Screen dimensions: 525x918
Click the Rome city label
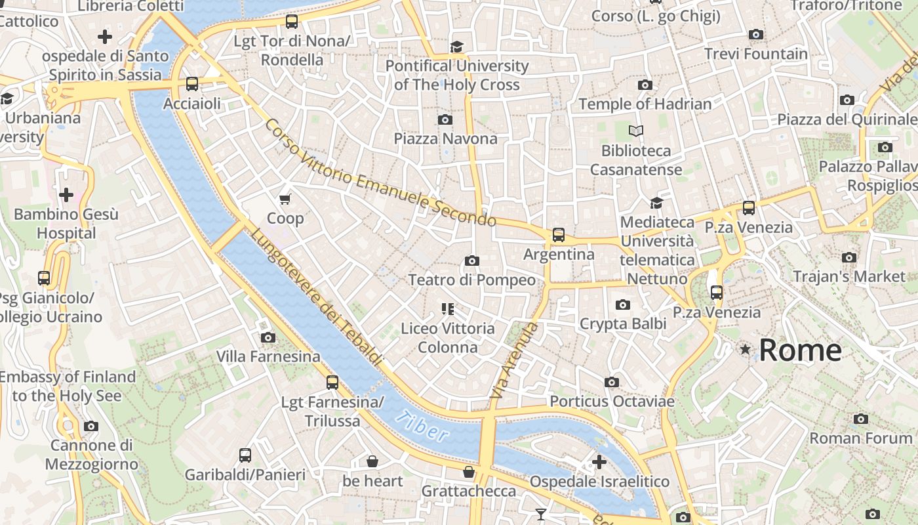pos(800,350)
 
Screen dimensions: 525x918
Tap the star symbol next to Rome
pos(745,350)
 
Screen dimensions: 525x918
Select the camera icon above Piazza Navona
pos(445,119)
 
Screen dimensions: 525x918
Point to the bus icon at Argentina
pos(559,234)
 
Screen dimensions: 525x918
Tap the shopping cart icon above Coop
pos(285,199)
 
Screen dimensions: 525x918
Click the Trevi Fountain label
pos(756,54)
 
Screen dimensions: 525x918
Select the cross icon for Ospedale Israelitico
pos(599,462)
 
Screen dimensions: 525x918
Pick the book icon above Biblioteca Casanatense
pos(635,131)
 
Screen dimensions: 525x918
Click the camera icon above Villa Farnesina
pos(268,337)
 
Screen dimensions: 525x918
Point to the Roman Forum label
pos(861,438)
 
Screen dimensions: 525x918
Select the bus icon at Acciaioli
pos(192,83)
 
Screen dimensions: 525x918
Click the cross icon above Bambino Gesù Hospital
pos(66,195)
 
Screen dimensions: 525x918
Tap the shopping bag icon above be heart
pos(372,461)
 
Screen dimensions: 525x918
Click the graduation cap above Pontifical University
pos(456,47)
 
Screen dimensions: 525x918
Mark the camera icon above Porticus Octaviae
pos(611,382)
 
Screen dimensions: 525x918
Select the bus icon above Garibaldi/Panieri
pos(245,455)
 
